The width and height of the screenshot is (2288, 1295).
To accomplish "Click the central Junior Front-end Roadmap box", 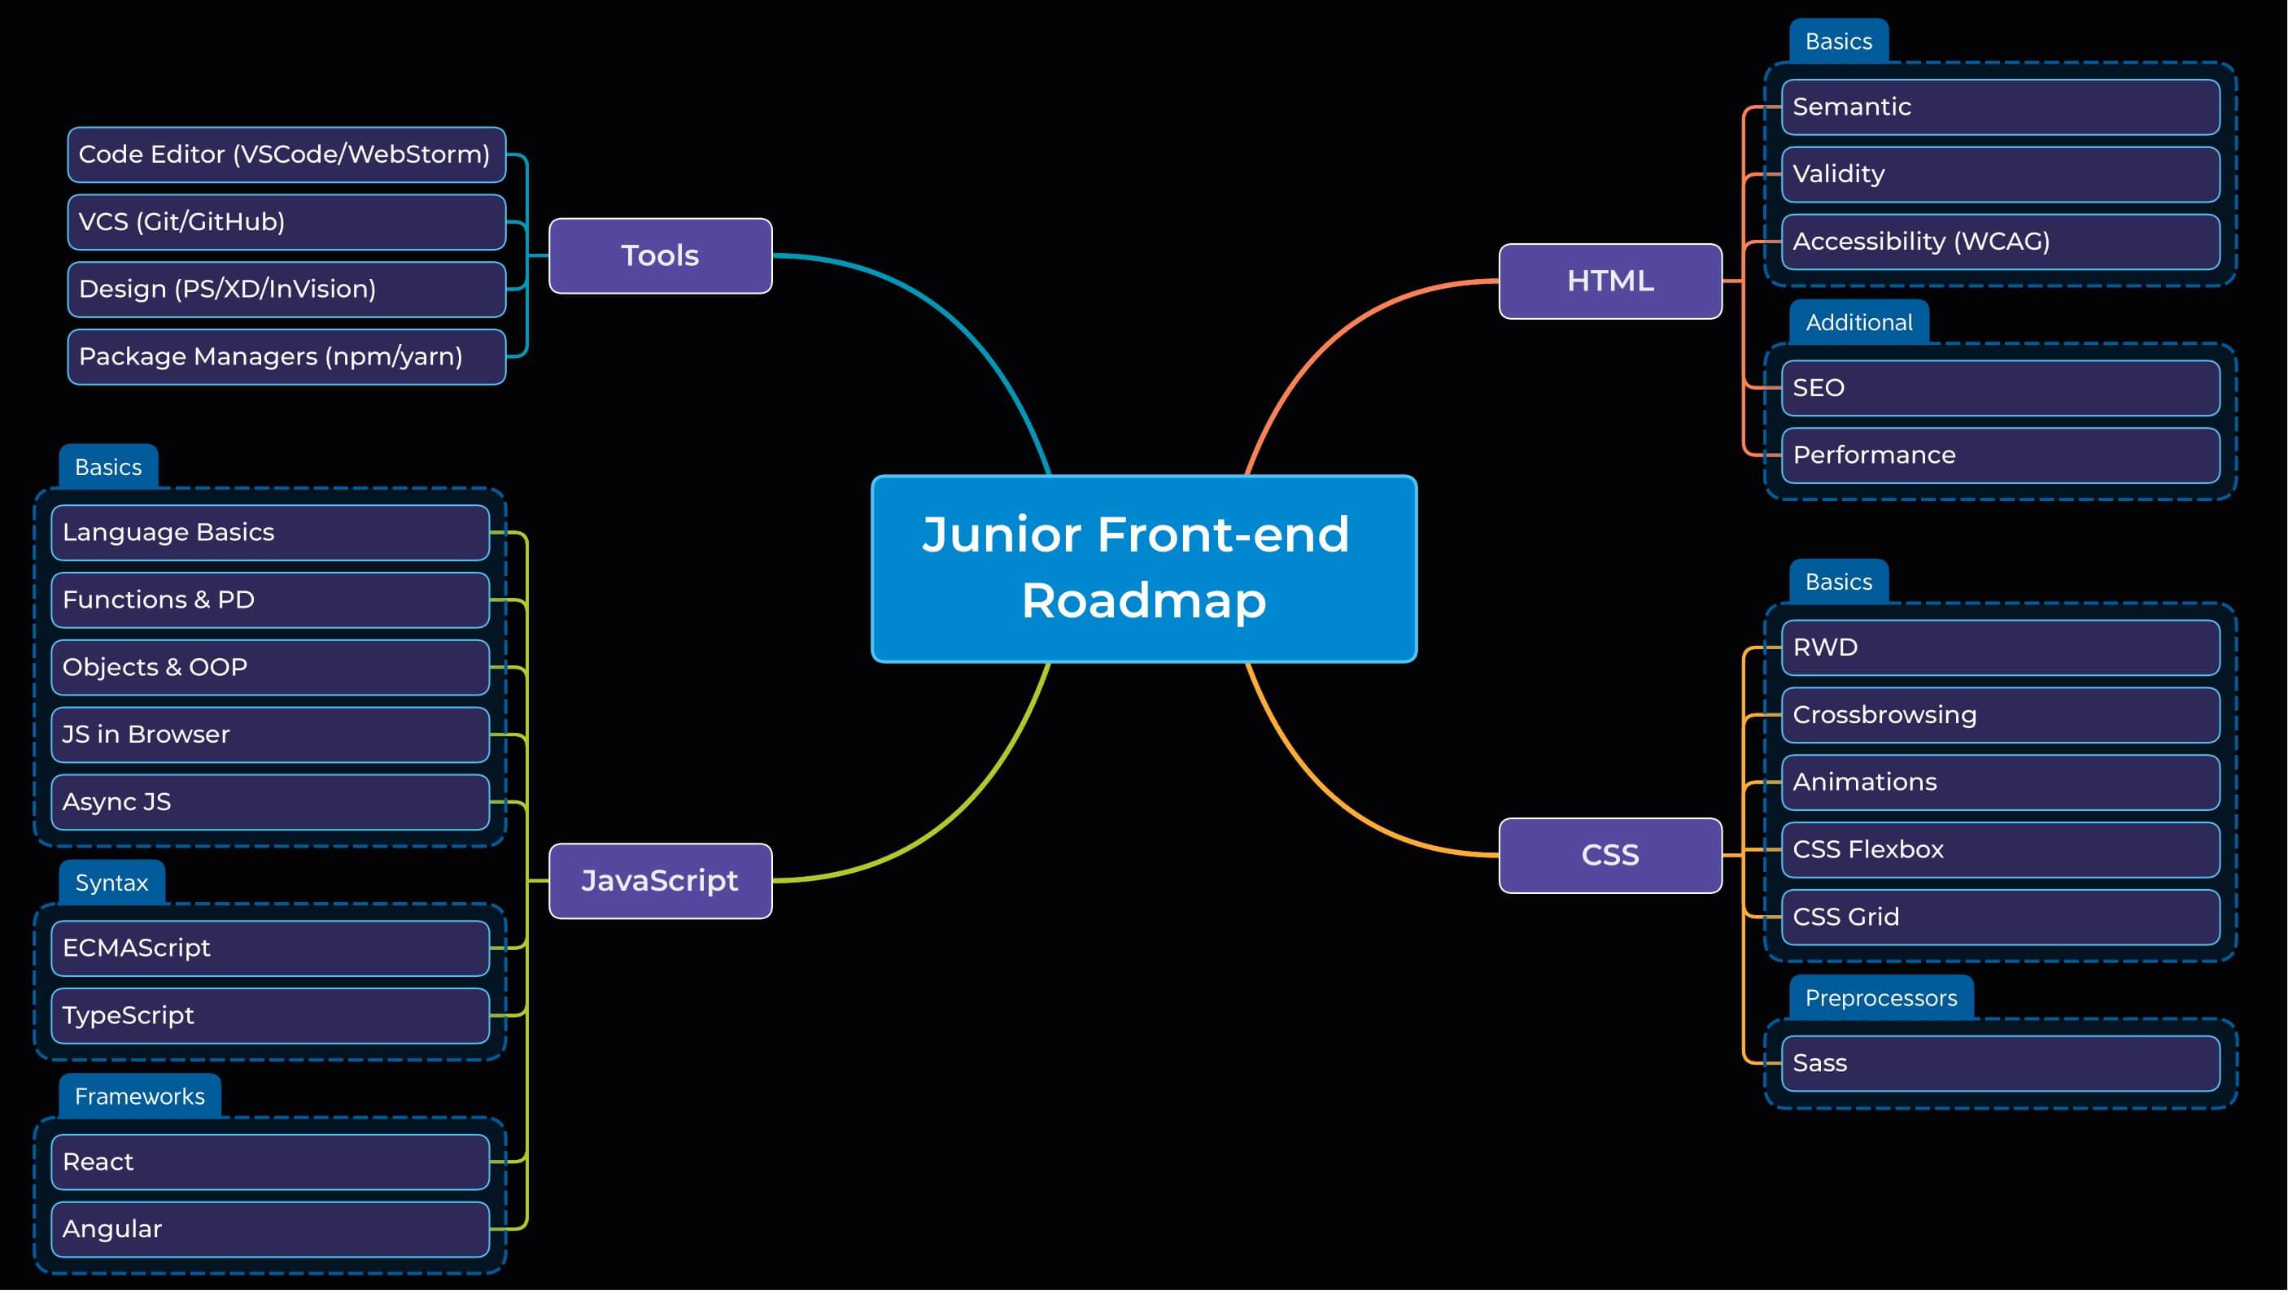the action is point(1143,569).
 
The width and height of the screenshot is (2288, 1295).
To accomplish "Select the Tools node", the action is point(660,255).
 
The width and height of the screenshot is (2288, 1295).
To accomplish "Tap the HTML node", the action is point(1610,281).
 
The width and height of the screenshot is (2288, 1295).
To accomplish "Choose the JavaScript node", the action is point(660,880).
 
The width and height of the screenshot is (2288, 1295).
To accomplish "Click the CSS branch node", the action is point(1610,855).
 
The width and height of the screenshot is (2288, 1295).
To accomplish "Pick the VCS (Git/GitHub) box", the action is point(286,221).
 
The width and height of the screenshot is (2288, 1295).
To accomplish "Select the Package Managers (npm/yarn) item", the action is point(286,356).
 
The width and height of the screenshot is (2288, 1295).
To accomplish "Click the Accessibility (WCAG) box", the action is point(2001,241).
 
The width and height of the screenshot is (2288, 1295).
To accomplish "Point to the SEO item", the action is point(2001,388).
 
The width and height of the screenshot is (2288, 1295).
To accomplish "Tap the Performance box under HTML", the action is point(2001,456).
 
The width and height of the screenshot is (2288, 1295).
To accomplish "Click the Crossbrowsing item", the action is point(2001,715).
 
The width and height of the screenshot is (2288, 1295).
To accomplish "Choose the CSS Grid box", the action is point(2001,917).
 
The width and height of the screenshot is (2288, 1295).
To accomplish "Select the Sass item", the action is point(2001,1063).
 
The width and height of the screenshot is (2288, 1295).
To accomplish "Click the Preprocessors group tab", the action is point(1880,998).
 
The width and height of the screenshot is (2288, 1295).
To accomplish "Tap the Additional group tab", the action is point(1858,322).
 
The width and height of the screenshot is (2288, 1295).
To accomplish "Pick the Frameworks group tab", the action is point(140,1096).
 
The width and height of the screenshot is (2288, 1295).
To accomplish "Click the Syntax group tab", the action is point(111,883).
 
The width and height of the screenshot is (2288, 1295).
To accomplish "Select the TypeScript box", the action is point(270,1016).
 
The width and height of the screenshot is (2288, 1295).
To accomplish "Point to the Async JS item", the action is point(270,802).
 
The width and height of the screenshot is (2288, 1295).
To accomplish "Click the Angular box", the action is point(270,1229).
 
